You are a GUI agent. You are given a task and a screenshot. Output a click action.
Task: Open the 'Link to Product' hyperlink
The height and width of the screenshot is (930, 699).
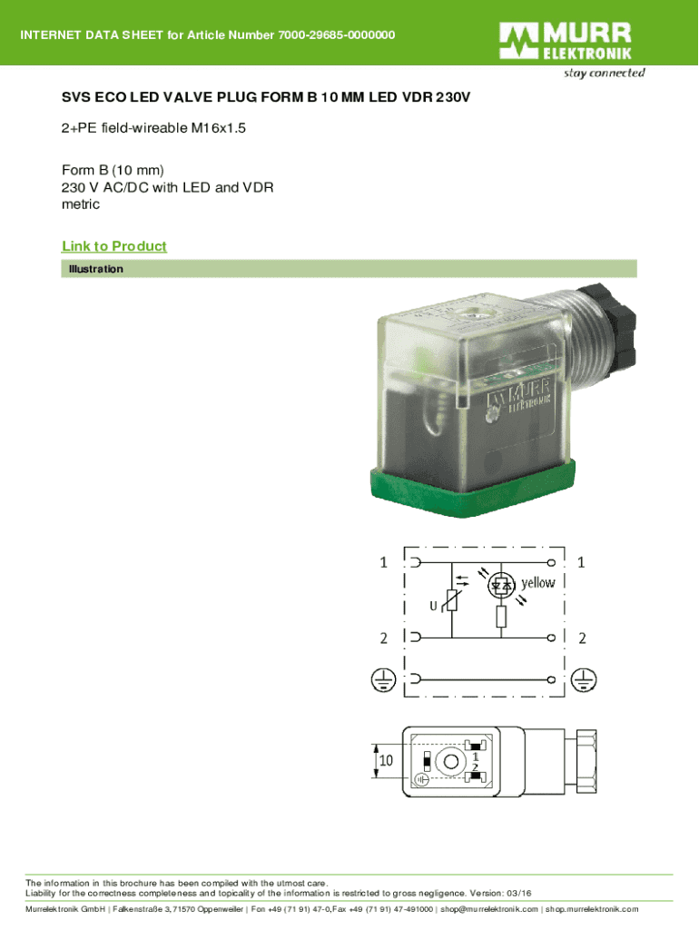113,247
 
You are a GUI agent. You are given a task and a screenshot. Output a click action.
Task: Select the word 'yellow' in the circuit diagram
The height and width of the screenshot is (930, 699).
537,583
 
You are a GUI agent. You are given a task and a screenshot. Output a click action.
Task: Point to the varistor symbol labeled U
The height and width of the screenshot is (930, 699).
451,599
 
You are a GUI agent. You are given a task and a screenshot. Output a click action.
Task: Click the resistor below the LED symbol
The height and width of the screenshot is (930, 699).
500,617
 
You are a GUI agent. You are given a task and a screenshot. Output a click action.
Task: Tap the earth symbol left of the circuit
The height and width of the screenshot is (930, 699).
382,678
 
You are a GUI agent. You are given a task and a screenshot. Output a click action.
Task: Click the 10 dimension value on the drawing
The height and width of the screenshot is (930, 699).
386,761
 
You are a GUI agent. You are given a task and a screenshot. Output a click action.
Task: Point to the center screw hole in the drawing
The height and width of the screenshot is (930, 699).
446,761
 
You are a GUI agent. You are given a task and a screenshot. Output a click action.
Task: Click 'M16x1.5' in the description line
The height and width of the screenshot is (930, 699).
218,129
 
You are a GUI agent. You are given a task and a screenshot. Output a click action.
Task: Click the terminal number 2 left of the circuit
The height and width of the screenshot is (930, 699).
384,638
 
